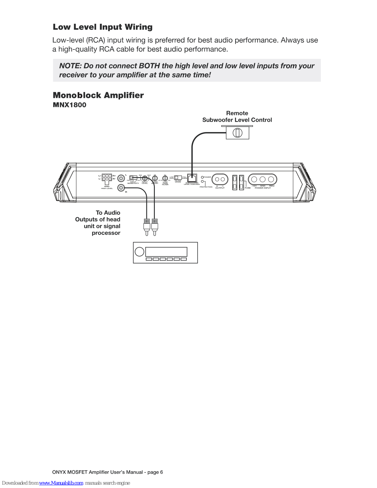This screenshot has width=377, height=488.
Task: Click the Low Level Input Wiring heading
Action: [103, 27]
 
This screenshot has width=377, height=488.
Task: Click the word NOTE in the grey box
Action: [70, 66]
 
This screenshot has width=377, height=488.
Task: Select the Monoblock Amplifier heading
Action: [98, 95]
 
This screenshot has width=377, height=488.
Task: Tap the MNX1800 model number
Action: [69, 105]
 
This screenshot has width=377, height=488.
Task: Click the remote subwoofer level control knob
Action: [237, 133]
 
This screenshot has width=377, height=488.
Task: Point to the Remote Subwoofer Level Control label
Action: [237, 117]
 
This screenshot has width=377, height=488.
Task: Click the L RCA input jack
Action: [121, 178]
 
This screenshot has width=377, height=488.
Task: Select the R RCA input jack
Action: [121, 188]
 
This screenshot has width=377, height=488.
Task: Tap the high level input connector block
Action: [107, 178]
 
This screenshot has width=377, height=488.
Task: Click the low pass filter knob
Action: [165, 178]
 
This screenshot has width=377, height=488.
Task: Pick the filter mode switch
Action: [178, 177]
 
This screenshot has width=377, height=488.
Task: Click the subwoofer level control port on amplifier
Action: [192, 178]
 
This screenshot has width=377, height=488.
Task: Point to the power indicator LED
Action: [202, 177]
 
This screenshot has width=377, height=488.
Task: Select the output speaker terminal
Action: [220, 179]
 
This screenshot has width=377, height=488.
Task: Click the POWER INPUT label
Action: [263, 188]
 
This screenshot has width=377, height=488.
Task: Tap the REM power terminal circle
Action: [271, 179]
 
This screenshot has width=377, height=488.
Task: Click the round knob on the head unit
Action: [139, 252]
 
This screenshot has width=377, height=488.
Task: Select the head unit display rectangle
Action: [166, 252]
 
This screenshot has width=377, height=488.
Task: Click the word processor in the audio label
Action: [106, 233]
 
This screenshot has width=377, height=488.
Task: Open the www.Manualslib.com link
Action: [61, 483]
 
